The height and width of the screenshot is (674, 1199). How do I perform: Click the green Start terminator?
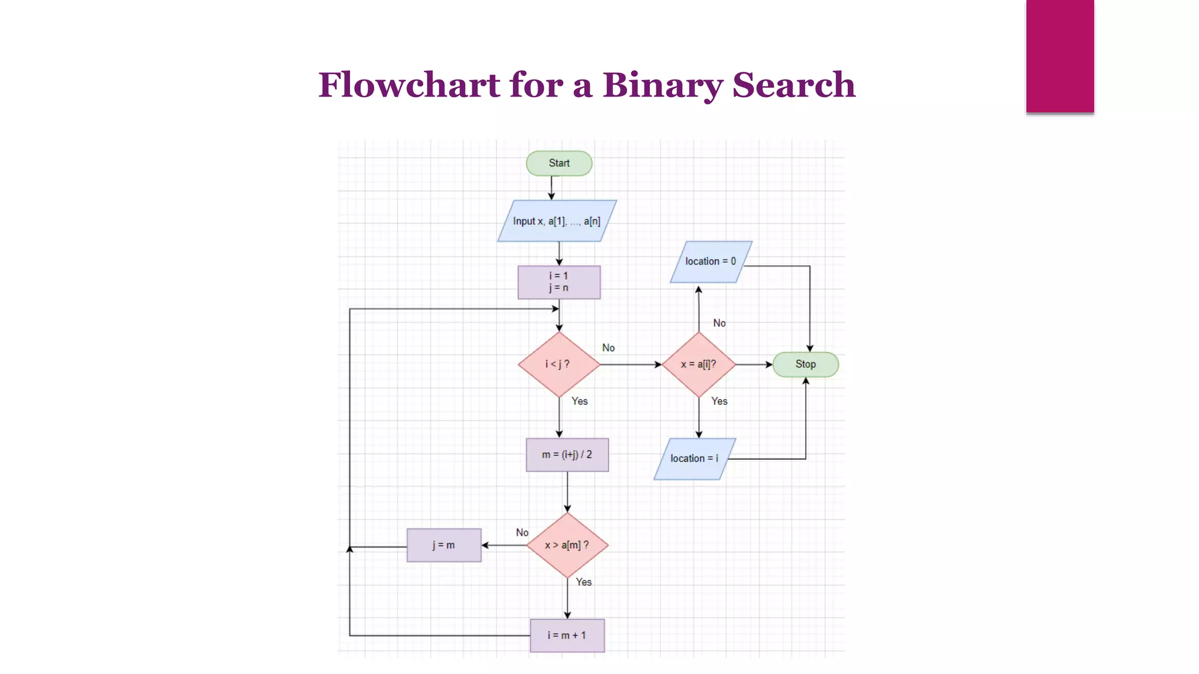click(x=559, y=163)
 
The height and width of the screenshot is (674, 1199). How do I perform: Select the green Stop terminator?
click(x=805, y=364)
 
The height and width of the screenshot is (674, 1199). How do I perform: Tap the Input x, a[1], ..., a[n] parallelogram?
click(x=557, y=221)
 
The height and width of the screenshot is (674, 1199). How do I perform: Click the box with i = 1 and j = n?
click(x=559, y=282)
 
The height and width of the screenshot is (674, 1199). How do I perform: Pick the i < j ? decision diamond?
click(x=559, y=364)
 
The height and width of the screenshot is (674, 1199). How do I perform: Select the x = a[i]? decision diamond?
click(x=698, y=364)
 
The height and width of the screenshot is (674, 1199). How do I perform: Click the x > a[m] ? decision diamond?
click(x=567, y=545)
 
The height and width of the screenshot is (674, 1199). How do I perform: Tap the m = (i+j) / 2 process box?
click(x=567, y=455)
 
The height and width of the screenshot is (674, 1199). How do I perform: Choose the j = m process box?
click(x=444, y=545)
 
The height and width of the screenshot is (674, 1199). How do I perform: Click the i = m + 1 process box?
click(x=567, y=635)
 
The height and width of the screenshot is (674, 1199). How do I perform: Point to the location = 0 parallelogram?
click(x=710, y=262)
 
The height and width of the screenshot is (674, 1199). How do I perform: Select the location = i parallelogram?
click(x=694, y=459)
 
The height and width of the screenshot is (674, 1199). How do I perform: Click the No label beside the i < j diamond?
click(x=608, y=348)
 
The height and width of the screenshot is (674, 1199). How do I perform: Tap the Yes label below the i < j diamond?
click(x=580, y=401)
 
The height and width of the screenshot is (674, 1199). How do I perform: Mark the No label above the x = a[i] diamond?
click(x=719, y=324)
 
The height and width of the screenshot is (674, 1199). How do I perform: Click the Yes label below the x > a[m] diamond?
click(x=584, y=582)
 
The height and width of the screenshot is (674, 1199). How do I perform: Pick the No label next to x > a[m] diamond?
click(x=522, y=533)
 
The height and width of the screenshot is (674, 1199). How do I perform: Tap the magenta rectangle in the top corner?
click(x=1060, y=56)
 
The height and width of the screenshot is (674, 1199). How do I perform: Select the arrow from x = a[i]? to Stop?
click(x=754, y=364)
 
